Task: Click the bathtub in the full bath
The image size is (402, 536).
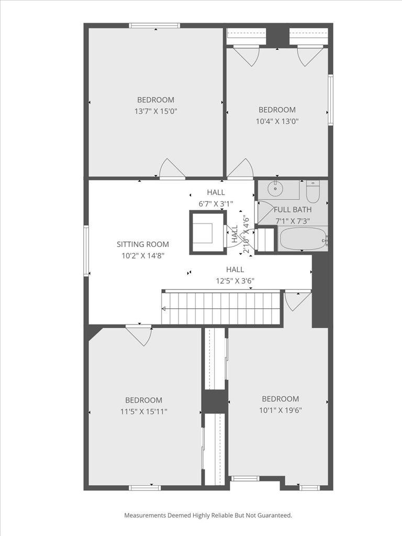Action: (303, 239)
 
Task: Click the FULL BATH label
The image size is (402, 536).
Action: (293, 209)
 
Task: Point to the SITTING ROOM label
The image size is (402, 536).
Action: (143, 244)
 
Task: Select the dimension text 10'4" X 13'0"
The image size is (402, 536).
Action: (277, 121)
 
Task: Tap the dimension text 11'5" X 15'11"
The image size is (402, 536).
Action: (143, 411)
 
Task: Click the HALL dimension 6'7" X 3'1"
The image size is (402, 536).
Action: (216, 204)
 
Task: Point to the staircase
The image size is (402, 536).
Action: (221, 308)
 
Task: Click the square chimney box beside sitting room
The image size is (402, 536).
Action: (208, 232)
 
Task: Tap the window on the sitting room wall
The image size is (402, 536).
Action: (86, 250)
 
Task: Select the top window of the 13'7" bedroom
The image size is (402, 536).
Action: (154, 25)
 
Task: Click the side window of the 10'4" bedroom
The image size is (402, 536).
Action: (330, 99)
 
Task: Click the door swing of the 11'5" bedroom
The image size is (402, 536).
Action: (139, 335)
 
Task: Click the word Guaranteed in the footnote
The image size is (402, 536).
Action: (273, 516)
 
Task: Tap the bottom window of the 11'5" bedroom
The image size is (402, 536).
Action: (144, 488)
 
